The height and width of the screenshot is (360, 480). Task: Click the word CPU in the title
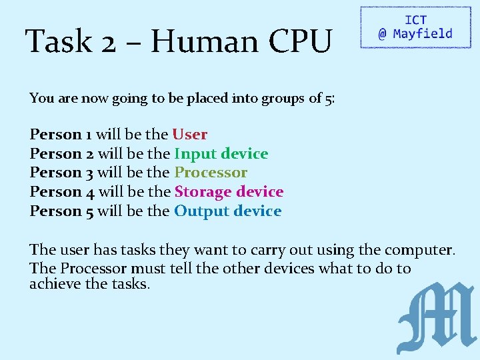(299, 42)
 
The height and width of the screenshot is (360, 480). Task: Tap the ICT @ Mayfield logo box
(415, 27)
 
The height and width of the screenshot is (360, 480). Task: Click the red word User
(190, 135)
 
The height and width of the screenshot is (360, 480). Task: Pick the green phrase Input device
(221, 154)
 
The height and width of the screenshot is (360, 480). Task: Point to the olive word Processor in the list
(211, 173)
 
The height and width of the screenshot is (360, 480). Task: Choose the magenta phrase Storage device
(229, 192)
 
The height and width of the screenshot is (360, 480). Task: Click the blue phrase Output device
(227, 211)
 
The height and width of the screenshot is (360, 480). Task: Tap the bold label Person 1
(61, 135)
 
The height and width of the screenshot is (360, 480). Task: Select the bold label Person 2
(61, 154)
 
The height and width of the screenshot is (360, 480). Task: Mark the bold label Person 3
(61, 173)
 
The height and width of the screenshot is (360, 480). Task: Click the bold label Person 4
(61, 192)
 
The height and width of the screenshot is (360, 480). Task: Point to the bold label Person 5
(61, 211)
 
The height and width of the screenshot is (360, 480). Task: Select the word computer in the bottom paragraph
(414, 251)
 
